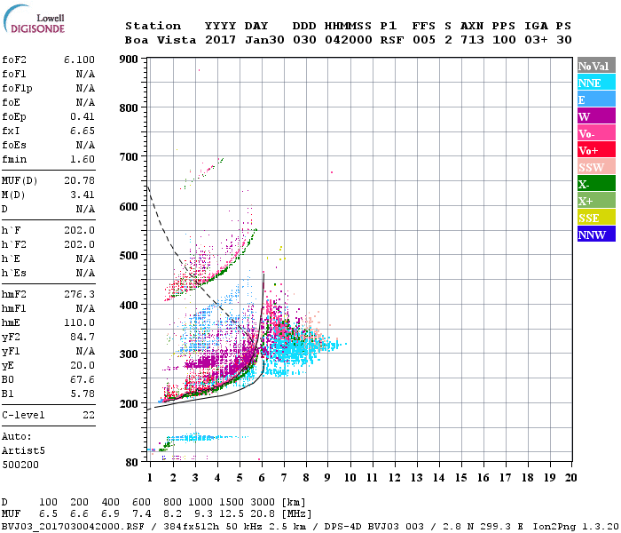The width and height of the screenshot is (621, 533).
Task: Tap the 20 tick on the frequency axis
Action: click(570, 477)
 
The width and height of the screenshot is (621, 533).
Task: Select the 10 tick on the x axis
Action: click(350, 477)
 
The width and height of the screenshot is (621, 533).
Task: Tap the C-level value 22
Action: click(89, 415)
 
